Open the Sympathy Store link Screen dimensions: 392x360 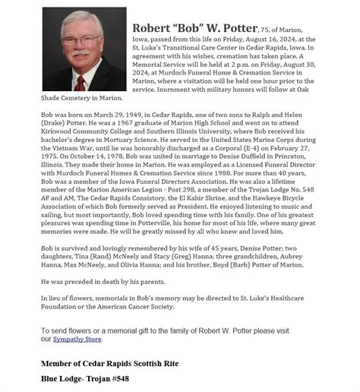tap(75, 339)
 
